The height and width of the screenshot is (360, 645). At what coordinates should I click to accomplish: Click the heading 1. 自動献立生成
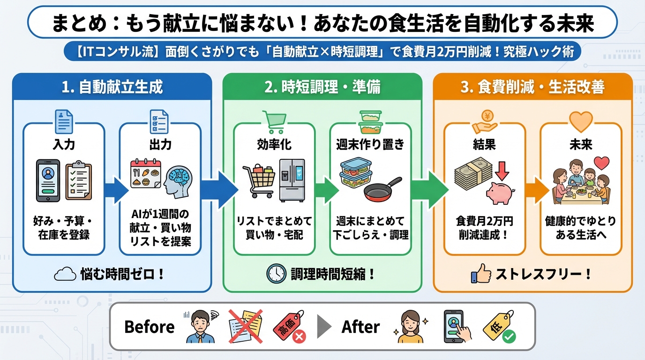(112, 88)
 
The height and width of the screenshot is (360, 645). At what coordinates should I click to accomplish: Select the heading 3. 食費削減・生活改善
(532, 88)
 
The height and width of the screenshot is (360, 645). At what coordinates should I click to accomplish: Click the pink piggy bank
(500, 193)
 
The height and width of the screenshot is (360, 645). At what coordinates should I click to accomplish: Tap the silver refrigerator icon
(292, 180)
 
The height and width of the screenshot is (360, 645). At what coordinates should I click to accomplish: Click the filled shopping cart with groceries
(258, 181)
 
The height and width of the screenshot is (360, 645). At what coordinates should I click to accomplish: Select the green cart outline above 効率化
(274, 122)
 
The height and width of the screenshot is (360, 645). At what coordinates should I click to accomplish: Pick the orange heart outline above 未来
(581, 121)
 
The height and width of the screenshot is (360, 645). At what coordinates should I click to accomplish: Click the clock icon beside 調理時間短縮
(276, 274)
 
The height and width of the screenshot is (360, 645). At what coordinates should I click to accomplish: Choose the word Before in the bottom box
(149, 327)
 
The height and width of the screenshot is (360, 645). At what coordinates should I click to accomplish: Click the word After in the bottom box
(360, 327)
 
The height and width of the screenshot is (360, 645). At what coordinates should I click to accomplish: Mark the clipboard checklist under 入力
(78, 180)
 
